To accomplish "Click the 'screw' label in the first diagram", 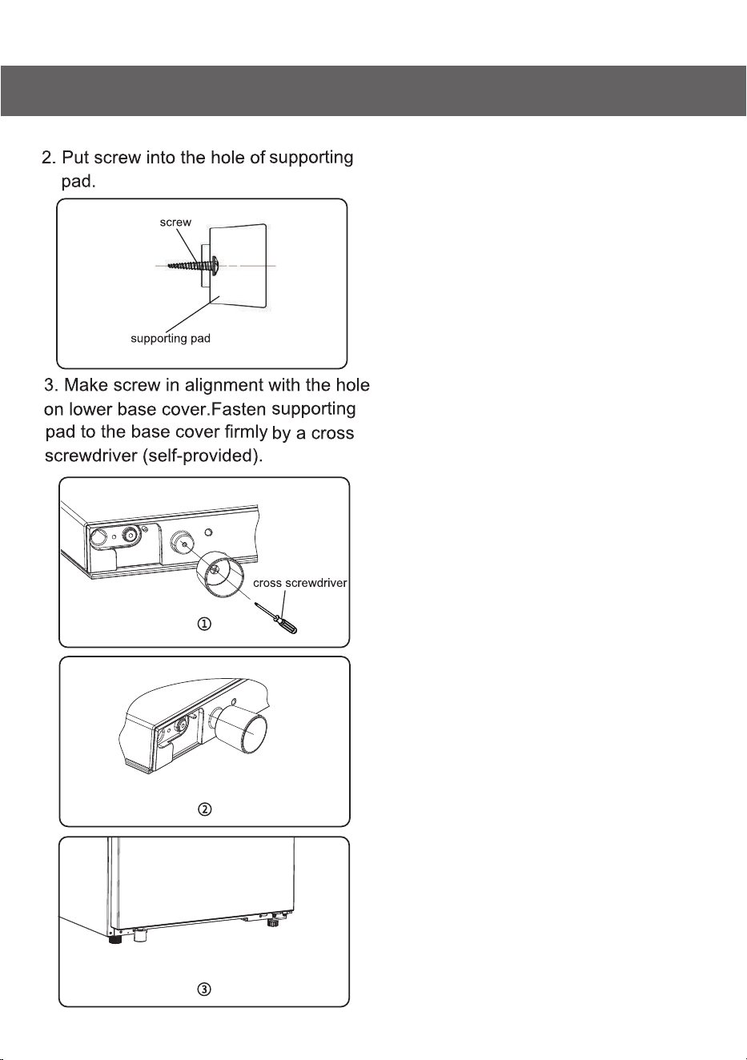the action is pyautogui.click(x=175, y=223).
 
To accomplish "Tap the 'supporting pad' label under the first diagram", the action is pyautogui.click(x=171, y=339).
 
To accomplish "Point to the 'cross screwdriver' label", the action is pyautogui.click(x=300, y=583).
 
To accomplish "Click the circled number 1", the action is pyautogui.click(x=204, y=624).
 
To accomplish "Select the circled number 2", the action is pyautogui.click(x=204, y=809).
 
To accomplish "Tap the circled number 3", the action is pyautogui.click(x=204, y=989).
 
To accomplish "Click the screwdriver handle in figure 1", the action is pyautogui.click(x=287, y=624).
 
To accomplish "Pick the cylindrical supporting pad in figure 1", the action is pyautogui.click(x=221, y=574).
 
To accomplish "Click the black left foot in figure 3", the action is pyautogui.click(x=114, y=939).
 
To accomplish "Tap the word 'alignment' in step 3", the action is pyautogui.click(x=223, y=386).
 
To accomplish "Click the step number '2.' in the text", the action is pyautogui.click(x=49, y=158).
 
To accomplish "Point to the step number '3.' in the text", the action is pyautogui.click(x=51, y=385).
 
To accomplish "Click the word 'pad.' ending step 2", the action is pyautogui.click(x=78, y=182).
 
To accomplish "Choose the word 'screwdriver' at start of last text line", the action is pyautogui.click(x=91, y=456).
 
